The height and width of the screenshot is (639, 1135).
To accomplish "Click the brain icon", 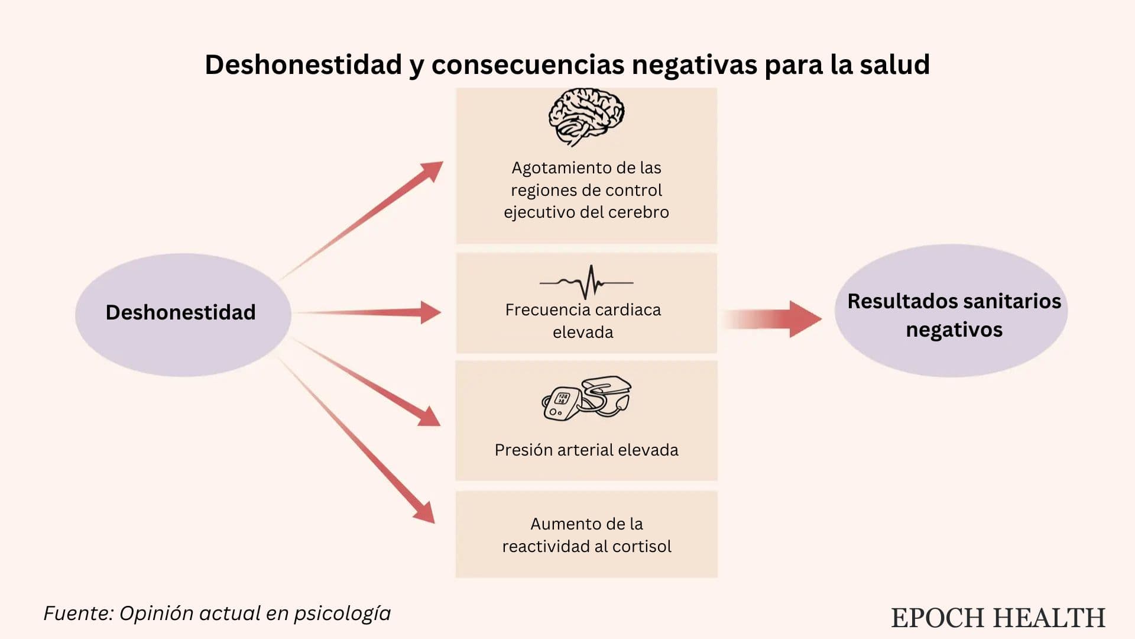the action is tap(586, 117).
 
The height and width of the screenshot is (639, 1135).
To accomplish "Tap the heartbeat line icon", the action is tap(586, 282).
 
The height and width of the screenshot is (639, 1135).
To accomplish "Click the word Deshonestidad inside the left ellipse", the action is tap(180, 312).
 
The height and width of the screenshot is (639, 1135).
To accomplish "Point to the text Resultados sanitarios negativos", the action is tap(954, 315).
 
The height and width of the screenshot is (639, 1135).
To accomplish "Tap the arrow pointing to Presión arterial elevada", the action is tap(367, 382).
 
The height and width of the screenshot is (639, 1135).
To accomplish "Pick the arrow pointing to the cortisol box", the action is tap(356, 440).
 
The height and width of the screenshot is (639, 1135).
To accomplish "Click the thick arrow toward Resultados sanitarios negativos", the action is tap(771, 319).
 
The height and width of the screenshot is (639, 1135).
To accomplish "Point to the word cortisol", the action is tap(642, 546).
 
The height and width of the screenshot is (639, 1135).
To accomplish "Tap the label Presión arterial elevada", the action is tap(586, 450).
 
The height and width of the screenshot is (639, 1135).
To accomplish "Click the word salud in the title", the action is tap(895, 64).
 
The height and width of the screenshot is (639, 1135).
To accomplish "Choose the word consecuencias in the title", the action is tap(527, 65).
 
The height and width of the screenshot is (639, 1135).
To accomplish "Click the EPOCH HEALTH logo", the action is tap(998, 618).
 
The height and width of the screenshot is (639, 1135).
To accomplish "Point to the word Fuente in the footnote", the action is tap(78, 614).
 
